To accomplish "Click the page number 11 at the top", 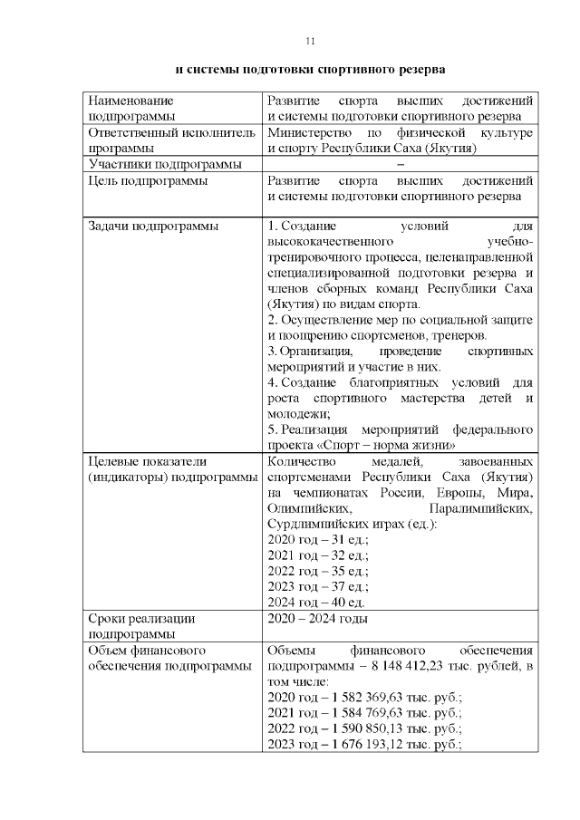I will point(309,42).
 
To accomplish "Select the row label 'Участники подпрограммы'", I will point(164,164).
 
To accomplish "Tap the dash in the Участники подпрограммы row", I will point(400,164).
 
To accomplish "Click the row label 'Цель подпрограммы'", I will point(146,180).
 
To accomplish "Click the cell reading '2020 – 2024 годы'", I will point(317,619).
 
